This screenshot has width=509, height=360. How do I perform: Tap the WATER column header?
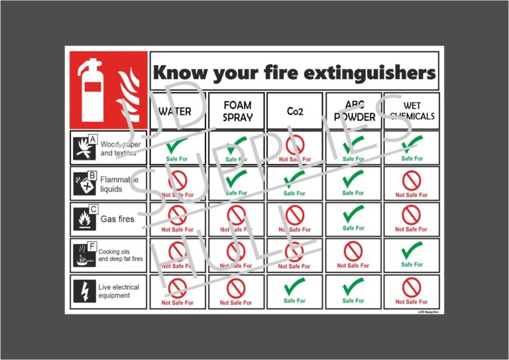point(176,111)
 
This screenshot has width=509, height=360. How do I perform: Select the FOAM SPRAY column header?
point(237,111)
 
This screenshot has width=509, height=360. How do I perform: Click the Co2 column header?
point(294,111)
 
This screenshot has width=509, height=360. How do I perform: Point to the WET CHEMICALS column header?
point(412,111)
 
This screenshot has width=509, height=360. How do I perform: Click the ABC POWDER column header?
point(353,111)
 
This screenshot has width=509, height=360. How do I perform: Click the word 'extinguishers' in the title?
point(368,72)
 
